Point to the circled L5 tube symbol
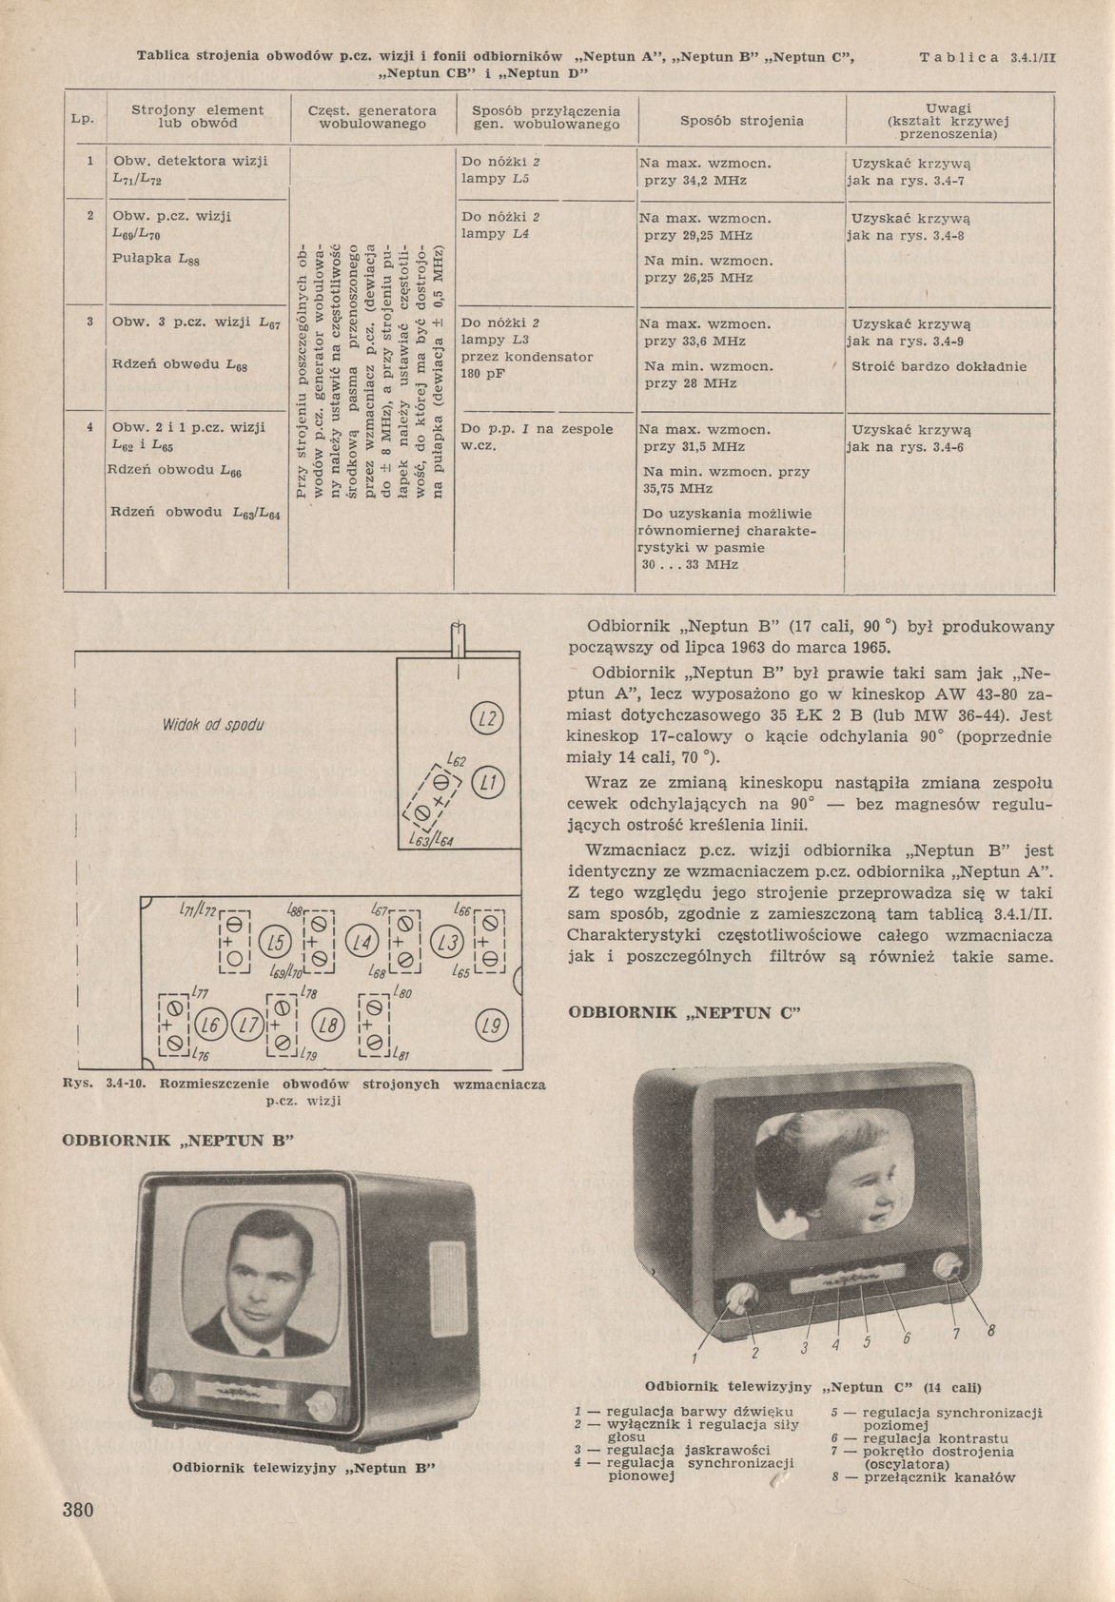click(x=277, y=944)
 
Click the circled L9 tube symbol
click(x=490, y=1026)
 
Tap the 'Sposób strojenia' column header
click(x=742, y=121)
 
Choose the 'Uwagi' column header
click(x=947, y=108)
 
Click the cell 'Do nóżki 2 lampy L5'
click(x=501, y=169)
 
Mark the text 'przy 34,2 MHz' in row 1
click(x=695, y=180)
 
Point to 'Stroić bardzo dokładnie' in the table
click(x=939, y=366)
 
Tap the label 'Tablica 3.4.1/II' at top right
click(x=988, y=58)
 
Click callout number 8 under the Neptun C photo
click(x=990, y=1331)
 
